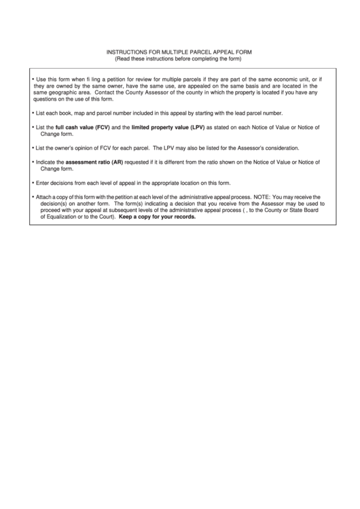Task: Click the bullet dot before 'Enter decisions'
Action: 33,183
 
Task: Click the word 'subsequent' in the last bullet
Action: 120,211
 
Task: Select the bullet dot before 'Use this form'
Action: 33,80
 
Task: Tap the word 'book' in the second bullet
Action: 69,113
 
